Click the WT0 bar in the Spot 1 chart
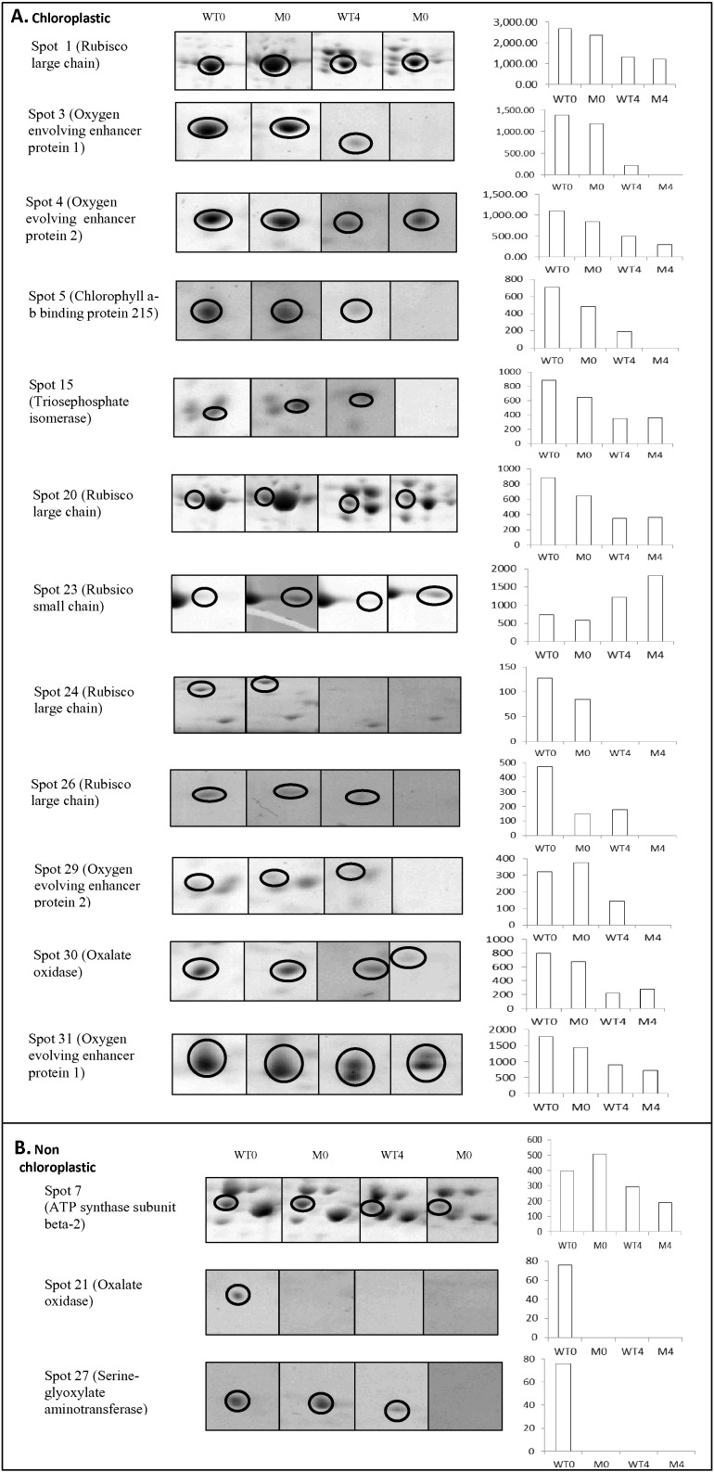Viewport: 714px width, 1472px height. (x=565, y=57)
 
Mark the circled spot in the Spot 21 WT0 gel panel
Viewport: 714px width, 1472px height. (x=238, y=1295)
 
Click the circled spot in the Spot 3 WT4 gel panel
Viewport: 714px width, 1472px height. (x=354, y=143)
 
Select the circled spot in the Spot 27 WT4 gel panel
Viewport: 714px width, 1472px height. (x=397, y=1410)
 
